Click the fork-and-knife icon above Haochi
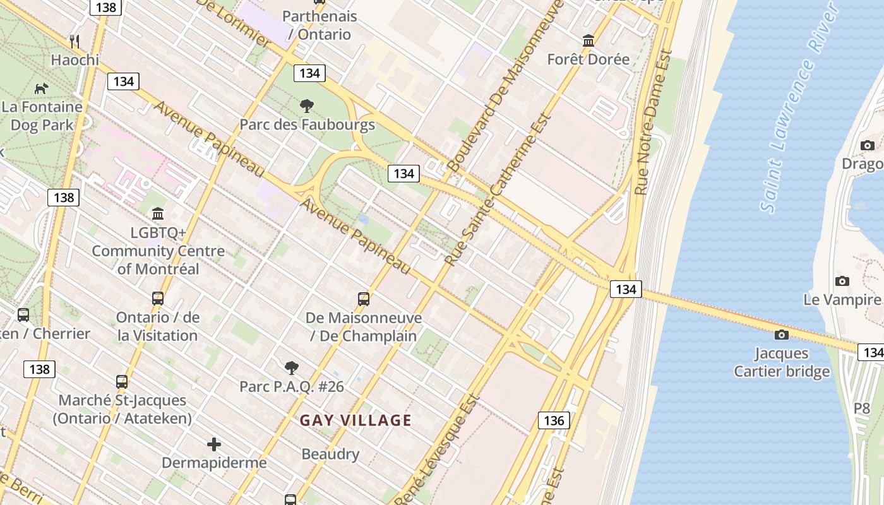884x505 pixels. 75,42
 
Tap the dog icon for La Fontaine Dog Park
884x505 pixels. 42,88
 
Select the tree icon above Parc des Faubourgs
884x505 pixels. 307,106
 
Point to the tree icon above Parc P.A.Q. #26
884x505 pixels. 291,367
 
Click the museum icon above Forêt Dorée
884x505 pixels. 588,41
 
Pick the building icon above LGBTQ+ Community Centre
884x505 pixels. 158,214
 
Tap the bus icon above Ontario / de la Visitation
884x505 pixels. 158,299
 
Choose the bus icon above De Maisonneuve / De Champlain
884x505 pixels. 364,299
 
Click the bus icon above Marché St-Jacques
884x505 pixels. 122,382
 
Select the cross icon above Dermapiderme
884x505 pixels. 214,444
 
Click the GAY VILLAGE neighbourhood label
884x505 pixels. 355,420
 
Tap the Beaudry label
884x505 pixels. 330,454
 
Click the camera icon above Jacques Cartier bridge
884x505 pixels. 782,335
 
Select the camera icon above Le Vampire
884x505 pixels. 842,281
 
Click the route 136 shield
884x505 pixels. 554,420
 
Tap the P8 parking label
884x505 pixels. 862,408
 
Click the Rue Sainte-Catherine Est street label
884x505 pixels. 498,189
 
